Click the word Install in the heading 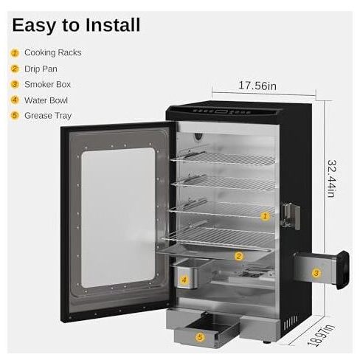click(113, 25)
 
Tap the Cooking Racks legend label click(53, 52)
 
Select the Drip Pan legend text click(41, 69)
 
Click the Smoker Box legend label click(47, 85)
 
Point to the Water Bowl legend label click(46, 100)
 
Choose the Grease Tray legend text click(48, 116)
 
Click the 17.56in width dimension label click(257, 86)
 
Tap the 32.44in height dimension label click(331, 179)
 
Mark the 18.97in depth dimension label click(322, 336)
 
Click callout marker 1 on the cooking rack click(265, 216)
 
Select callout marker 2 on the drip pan click(238, 257)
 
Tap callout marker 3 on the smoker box click(316, 273)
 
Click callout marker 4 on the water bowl click(184, 280)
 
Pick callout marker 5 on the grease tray click(200, 337)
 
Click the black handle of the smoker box click(343, 270)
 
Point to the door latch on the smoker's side click(291, 216)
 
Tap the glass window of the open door click(118, 218)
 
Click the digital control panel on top click(223, 111)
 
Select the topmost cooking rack click(223, 158)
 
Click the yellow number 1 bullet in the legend click(15, 53)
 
